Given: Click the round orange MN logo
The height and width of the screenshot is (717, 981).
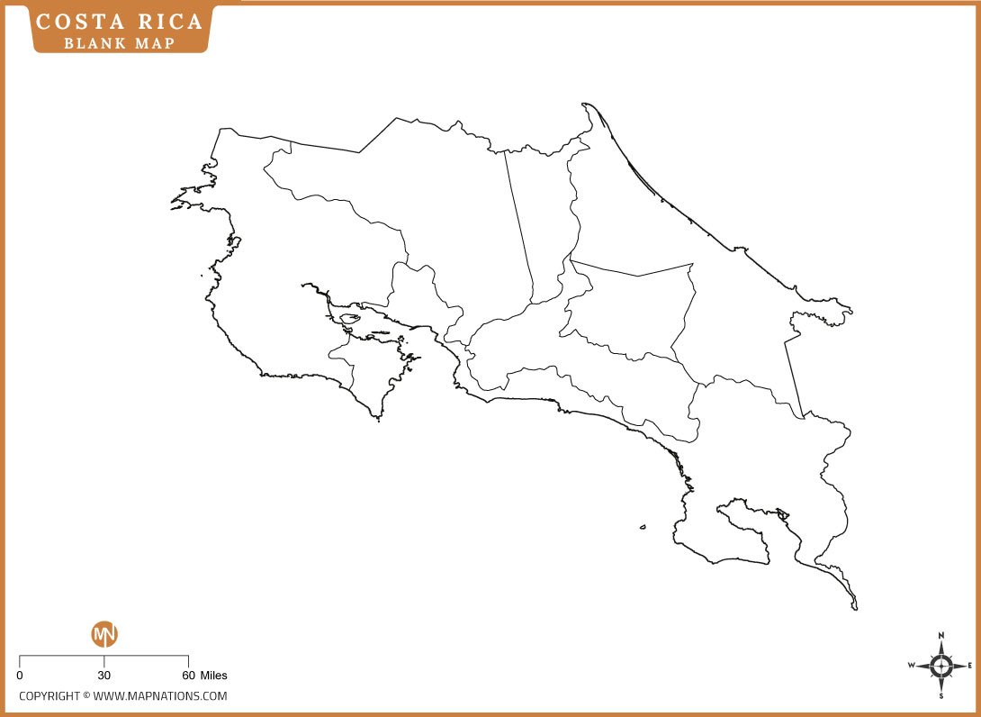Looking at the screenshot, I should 104,634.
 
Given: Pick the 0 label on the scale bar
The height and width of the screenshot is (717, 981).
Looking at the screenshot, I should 20,675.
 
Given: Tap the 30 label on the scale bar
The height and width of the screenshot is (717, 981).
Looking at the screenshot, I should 104,675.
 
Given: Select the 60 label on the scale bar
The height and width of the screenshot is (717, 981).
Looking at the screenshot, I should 188,675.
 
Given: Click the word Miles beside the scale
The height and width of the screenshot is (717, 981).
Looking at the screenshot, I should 214,675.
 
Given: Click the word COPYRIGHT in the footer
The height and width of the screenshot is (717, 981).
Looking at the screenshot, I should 49,695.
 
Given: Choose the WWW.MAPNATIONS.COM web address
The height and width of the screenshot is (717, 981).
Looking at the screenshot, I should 160,695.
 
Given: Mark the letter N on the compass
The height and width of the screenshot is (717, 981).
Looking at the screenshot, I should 941,635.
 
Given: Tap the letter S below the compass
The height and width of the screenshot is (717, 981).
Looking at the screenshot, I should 941,695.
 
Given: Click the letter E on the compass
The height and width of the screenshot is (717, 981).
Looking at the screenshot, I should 969,666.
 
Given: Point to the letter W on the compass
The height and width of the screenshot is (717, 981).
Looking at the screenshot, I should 911,666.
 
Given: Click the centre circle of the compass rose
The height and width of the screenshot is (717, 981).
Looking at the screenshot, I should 941,666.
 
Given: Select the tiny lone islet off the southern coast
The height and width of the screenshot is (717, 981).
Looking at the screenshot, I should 643,528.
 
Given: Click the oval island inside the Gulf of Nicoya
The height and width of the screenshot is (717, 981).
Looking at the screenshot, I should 349,318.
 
